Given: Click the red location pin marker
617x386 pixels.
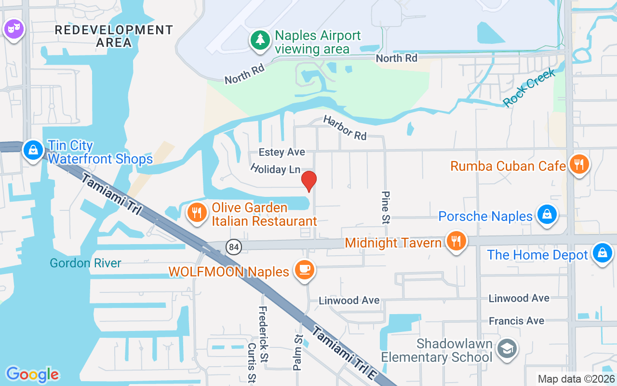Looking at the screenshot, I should (308, 181).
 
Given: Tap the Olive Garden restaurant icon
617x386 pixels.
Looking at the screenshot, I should (196, 212).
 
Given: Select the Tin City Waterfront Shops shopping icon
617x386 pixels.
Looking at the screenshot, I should (33, 151).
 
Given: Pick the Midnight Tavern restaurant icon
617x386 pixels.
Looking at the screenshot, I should (456, 241).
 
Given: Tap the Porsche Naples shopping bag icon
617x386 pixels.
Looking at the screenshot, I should (547, 214).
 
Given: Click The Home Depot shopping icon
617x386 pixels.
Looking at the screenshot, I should (602, 252).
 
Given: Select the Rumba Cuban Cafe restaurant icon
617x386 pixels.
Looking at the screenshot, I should (579, 165).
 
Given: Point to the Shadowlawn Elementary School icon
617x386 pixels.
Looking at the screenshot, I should (507, 348).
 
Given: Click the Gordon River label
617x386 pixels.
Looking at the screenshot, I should (86, 263).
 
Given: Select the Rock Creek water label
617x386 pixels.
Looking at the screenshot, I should (529, 87).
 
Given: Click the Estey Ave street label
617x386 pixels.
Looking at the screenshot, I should (282, 152).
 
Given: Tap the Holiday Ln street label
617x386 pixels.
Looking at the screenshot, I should (275, 169).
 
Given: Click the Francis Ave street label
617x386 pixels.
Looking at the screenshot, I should (516, 321).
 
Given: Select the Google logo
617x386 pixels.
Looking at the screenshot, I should (32, 374).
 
